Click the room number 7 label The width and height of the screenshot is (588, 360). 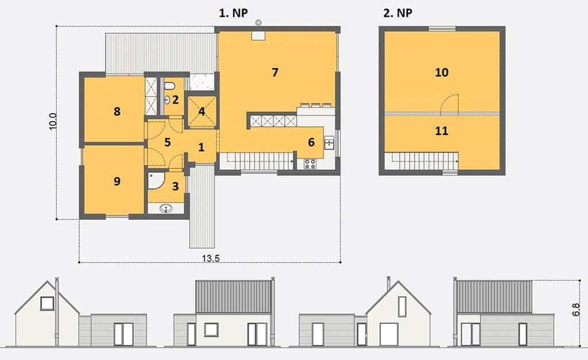point(275,72)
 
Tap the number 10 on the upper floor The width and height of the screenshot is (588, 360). point(442,72)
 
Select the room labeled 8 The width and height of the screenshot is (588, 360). point(117,111)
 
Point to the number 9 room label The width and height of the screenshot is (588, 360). point(117,181)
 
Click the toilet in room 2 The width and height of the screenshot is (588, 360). point(169,86)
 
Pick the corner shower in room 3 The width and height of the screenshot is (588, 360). point(154,180)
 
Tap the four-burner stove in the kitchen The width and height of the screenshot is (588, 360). point(310,164)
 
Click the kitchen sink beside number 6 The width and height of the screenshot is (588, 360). point(329,142)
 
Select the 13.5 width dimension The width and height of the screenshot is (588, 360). point(211,258)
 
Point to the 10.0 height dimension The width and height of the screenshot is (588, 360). point(53,122)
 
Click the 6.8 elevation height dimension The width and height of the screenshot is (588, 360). point(577,309)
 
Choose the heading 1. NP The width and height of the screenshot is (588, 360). point(233,13)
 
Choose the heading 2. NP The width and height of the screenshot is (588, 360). point(397,13)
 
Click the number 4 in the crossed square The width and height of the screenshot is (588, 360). point(202,111)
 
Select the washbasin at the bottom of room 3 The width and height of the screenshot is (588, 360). point(166,208)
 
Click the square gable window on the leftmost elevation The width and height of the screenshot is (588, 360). point(47,303)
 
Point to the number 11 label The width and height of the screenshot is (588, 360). point(442,131)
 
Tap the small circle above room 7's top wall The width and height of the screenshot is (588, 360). point(258,22)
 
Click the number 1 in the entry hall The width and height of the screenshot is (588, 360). point(202,148)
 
